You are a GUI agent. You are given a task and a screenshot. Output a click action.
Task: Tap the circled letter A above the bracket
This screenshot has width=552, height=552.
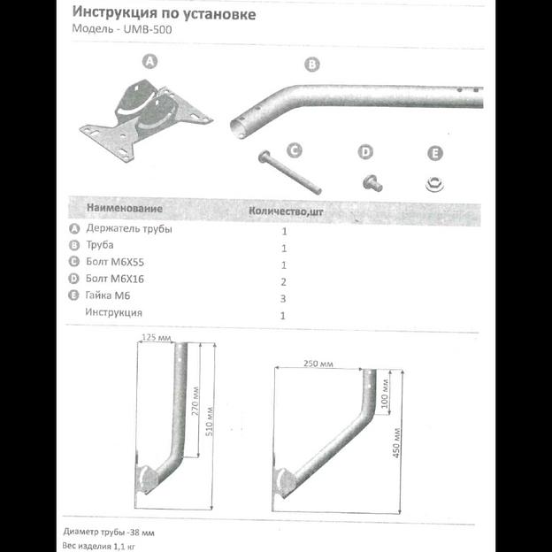(x=149, y=61)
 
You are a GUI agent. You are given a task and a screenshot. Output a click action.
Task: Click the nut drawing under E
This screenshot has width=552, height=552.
(x=433, y=184)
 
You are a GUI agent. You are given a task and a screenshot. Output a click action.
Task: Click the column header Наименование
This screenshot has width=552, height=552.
(x=124, y=209)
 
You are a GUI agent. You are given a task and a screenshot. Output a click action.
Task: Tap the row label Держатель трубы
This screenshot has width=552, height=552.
(x=129, y=228)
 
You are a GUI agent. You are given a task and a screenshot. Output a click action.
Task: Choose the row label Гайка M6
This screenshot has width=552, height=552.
(x=109, y=295)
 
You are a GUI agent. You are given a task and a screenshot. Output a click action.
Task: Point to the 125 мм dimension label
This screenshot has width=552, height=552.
(x=157, y=337)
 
